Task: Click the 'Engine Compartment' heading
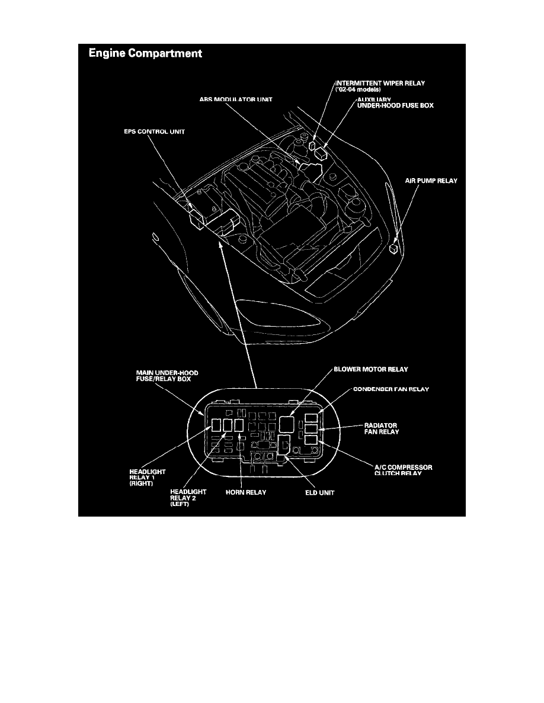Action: click(145, 54)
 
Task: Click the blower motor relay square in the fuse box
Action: click(287, 423)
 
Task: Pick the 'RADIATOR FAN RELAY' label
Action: click(380, 429)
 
